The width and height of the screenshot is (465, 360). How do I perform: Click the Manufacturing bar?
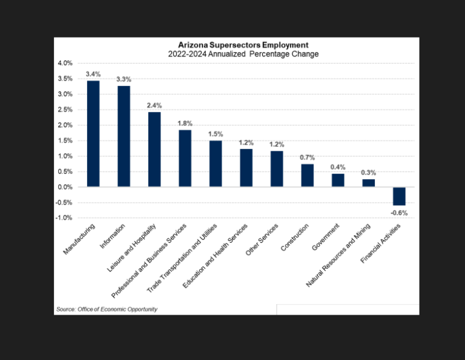tap(93, 134)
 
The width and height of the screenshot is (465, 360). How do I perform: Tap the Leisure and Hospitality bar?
tap(154, 149)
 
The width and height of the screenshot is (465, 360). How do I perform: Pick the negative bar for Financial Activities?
tap(399, 196)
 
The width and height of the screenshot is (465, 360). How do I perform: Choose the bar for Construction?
tap(308, 175)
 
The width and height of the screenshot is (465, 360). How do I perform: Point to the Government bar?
tap(338, 180)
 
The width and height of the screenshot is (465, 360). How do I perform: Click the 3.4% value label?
tap(93, 74)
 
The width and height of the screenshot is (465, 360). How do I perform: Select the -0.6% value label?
tap(399, 212)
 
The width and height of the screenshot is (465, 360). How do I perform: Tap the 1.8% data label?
tap(185, 123)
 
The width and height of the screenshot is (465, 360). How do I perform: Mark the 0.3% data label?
tap(369, 172)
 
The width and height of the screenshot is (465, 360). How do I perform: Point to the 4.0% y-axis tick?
tap(65, 64)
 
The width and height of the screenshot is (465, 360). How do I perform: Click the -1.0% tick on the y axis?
tap(64, 218)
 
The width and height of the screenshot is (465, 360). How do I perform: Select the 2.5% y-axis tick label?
tap(65, 110)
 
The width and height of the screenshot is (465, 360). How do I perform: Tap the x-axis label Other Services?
tap(262, 240)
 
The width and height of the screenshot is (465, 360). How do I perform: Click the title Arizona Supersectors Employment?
tap(234, 45)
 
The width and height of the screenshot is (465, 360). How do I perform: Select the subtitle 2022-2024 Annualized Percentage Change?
tap(234, 54)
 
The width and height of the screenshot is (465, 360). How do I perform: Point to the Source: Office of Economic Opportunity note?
tap(107, 309)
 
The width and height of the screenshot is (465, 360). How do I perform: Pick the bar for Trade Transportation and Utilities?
tap(216, 163)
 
